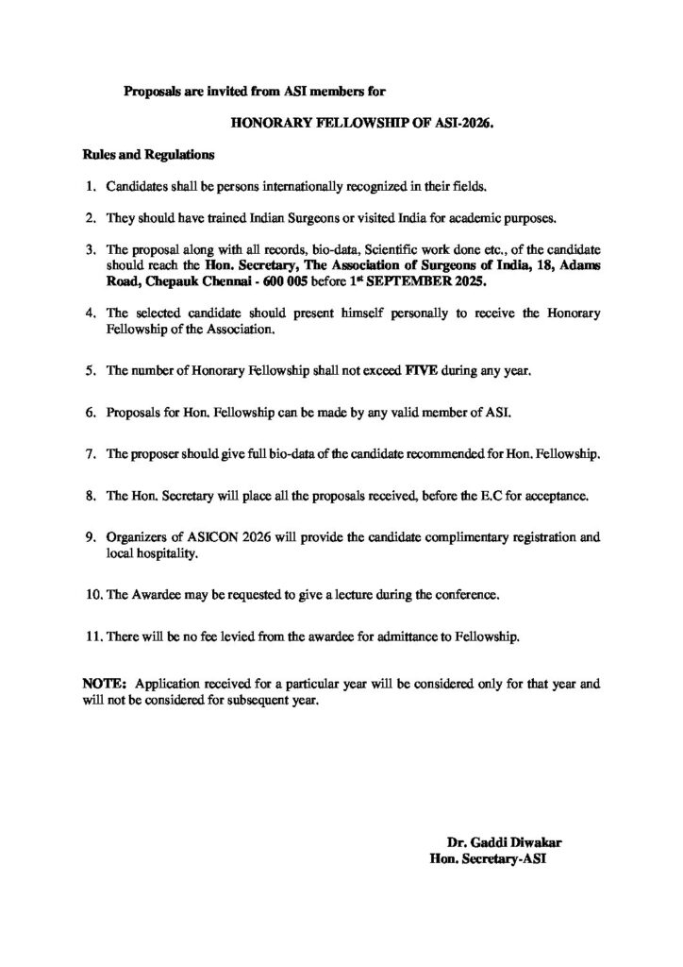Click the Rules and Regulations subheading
[148, 153]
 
